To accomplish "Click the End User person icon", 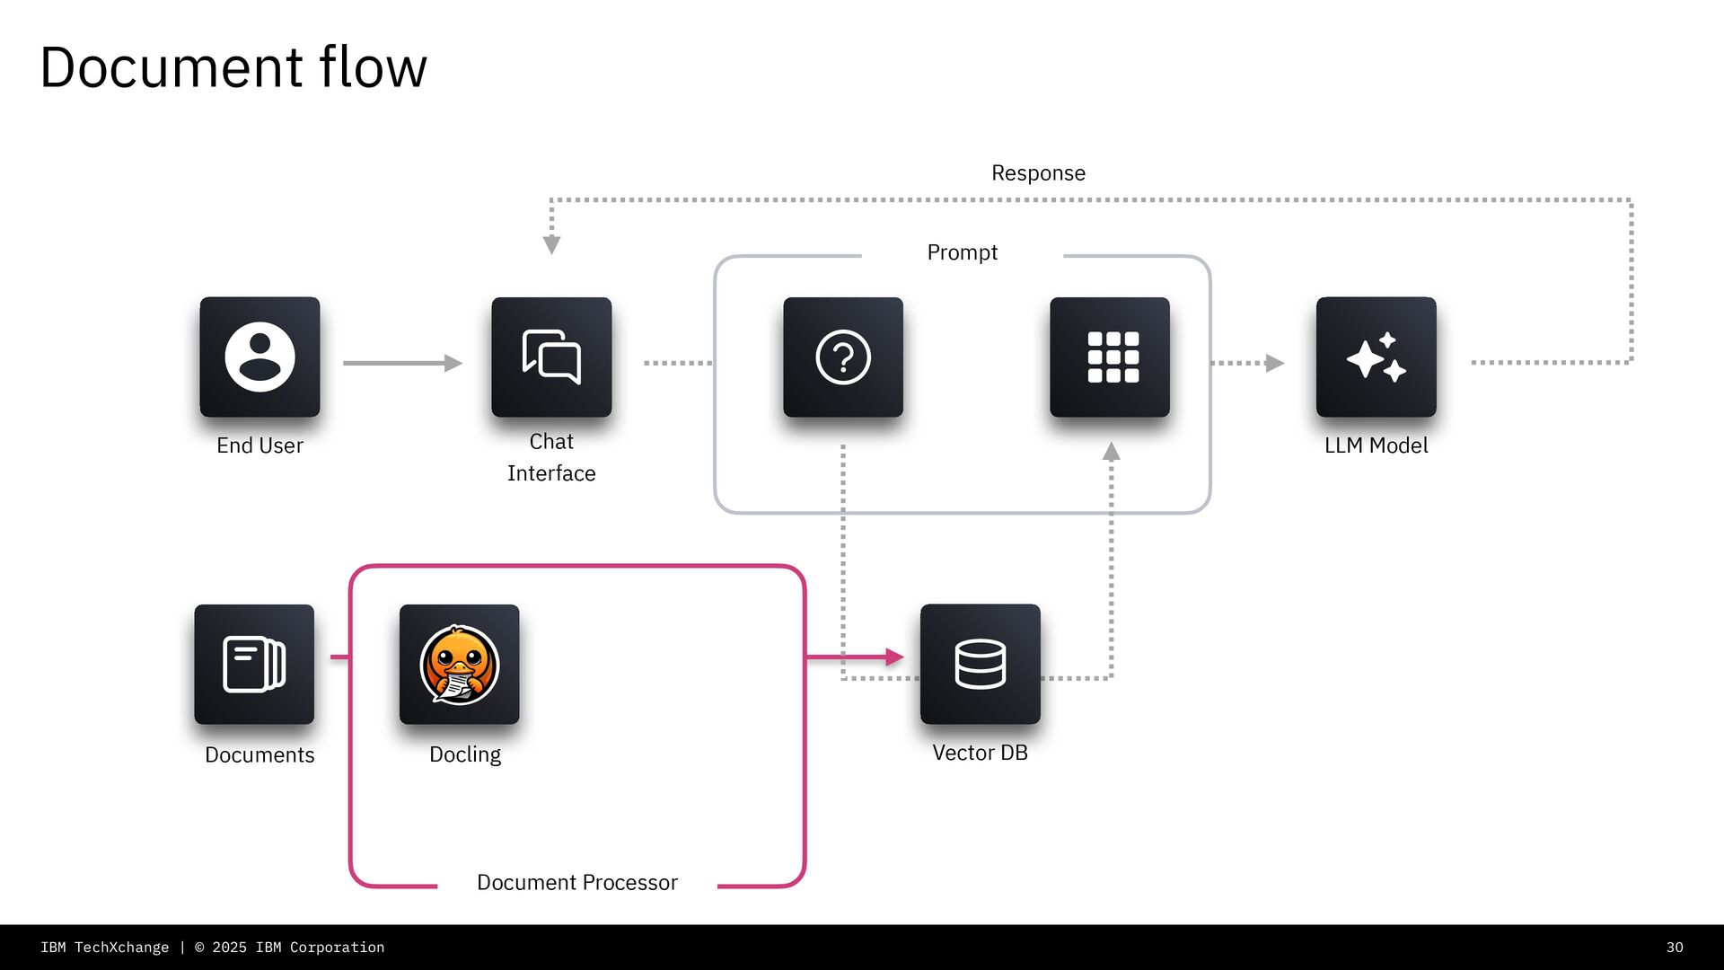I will [259, 357].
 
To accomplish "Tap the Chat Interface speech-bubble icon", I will [551, 357].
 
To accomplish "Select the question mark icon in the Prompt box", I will [843, 357].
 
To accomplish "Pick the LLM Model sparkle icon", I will [1376, 357].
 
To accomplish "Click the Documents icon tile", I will [254, 665].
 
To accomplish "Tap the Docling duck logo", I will [460, 665].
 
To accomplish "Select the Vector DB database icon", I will [980, 665].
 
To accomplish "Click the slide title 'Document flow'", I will [233, 67].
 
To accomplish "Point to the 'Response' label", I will [1038, 173].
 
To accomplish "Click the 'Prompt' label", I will [962, 252].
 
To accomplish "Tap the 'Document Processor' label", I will [576, 883].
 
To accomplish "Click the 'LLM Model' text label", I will [1376, 445].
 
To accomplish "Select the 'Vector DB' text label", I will [980, 753].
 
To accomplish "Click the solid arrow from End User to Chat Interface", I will [401, 363].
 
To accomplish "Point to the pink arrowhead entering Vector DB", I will [894, 657].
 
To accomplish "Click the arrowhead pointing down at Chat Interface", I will [552, 245].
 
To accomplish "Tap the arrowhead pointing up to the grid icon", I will [1112, 452].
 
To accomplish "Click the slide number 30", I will [1675, 948].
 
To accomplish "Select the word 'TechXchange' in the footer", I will [121, 948].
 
